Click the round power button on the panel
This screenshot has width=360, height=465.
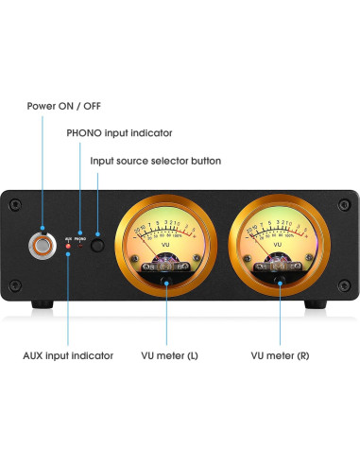coord(42,248)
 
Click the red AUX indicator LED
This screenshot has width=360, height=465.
coord(69,248)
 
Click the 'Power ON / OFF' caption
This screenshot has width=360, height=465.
coord(64,105)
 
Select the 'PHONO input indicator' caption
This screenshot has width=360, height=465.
coord(119,133)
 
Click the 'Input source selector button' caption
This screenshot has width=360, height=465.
coord(156,161)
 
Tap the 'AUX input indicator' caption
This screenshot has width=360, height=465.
coord(68,355)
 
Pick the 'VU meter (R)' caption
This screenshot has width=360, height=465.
coord(281,355)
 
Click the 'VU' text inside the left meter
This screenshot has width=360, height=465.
coord(166,245)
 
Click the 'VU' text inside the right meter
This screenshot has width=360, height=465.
coord(277,245)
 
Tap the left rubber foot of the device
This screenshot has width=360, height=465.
coord(42,304)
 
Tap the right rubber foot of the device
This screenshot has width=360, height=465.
coord(314,304)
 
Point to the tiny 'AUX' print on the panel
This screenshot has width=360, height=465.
coord(68,239)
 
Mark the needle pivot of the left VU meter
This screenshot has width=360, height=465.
coord(166,277)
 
